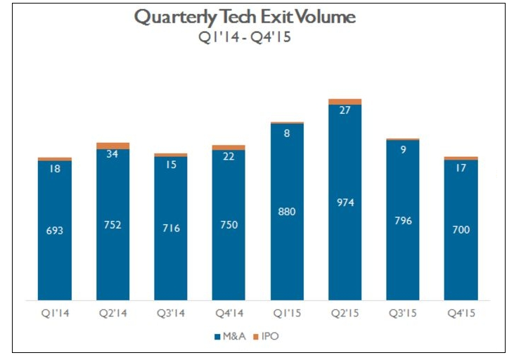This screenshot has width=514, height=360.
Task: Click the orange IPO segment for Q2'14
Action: point(113,146)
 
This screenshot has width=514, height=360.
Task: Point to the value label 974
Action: point(345,202)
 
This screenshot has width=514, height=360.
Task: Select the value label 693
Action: point(54,230)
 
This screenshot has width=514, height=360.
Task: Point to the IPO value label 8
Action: point(287,133)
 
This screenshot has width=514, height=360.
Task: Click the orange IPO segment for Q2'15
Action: point(345,102)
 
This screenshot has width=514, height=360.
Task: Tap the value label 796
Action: point(403,221)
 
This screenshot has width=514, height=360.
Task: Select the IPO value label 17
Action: point(461,168)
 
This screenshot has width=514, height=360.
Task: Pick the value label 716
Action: point(171,228)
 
